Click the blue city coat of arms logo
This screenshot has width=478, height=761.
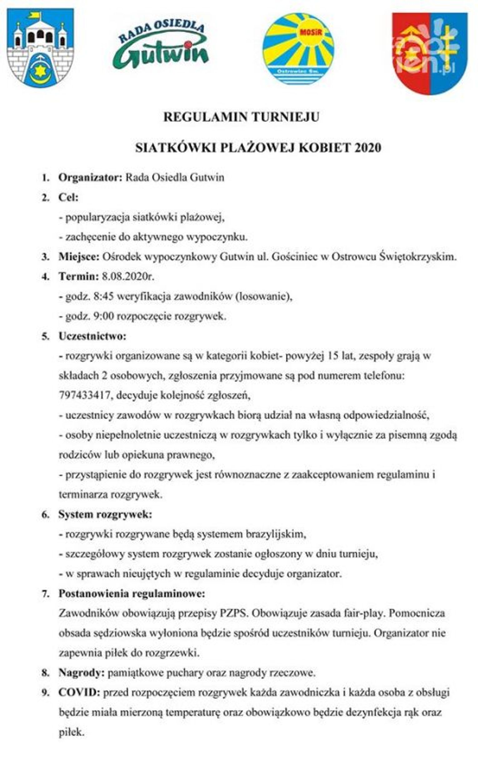coord(40,48)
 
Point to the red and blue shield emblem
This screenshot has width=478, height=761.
coord(429,53)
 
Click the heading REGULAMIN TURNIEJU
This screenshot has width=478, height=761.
coord(241,117)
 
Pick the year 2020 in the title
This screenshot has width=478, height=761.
coord(368,148)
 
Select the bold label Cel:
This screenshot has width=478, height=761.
coord(68,198)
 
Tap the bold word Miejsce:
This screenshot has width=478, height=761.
coord(79,257)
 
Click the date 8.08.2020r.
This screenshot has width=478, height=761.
coord(128,277)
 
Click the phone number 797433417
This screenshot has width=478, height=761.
coord(84,396)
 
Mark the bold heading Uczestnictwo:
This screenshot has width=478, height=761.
coord(92,336)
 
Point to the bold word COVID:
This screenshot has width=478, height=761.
coord(79,693)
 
